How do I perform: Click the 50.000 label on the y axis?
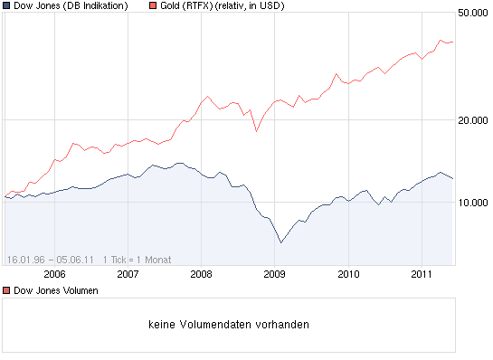click(x=472, y=14)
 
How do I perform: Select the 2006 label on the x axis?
click(x=54, y=272)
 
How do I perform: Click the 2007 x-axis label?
click(x=128, y=272)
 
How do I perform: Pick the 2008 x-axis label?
click(x=201, y=272)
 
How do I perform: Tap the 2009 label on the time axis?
click(x=274, y=272)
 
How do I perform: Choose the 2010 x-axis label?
click(x=348, y=272)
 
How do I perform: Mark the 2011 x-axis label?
click(x=422, y=272)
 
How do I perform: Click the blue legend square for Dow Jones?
click(x=7, y=6)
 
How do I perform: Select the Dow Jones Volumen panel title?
click(x=55, y=290)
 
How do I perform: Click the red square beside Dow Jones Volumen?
click(x=7, y=290)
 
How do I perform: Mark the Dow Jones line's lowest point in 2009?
click(x=280, y=242)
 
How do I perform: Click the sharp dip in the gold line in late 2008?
click(x=256, y=131)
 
